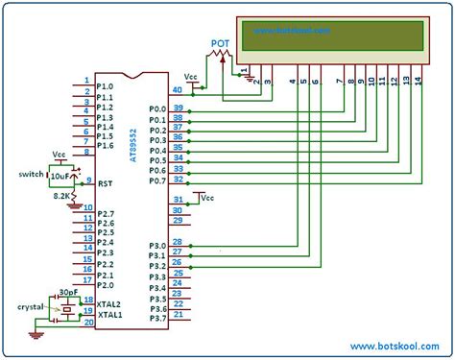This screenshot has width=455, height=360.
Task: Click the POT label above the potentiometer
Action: coord(220,44)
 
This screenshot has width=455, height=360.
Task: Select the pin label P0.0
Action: coord(157,109)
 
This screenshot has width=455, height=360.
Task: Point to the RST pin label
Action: coord(105,181)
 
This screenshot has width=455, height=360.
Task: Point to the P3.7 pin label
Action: coord(157,318)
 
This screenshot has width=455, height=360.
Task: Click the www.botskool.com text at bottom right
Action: coord(395,345)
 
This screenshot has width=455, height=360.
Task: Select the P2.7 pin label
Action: coord(106,213)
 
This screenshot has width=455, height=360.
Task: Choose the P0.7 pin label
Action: coord(157,180)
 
